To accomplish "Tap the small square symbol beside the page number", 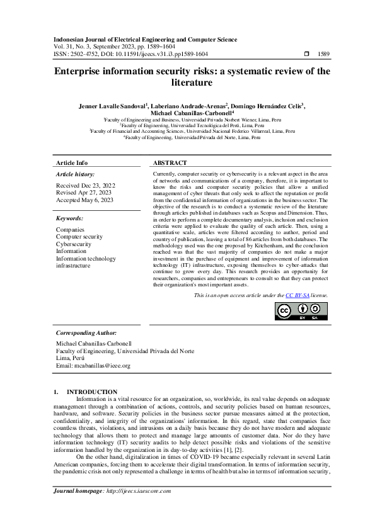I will pos(306,54).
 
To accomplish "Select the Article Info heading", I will pos(72,162).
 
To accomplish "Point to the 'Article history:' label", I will pos(76,173).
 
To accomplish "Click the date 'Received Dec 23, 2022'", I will pos(86,185).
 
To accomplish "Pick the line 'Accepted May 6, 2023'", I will pos(84,201).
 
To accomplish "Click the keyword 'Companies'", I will pos(70,230).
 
